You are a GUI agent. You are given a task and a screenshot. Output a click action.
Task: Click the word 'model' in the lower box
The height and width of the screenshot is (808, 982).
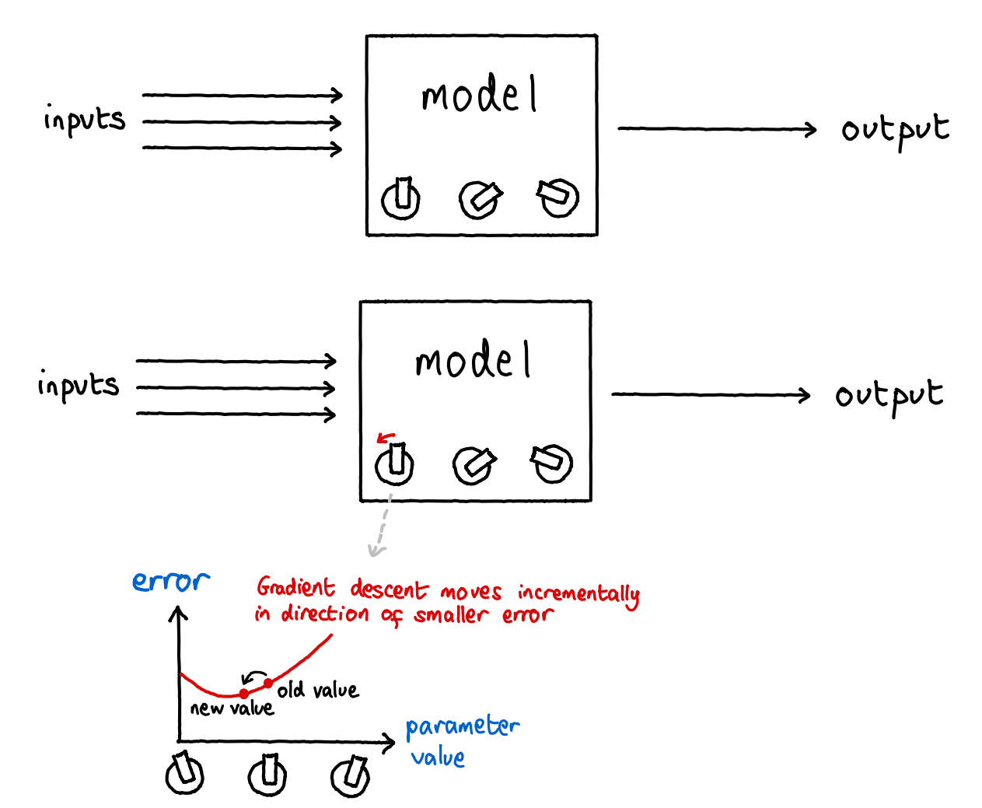(x=473, y=359)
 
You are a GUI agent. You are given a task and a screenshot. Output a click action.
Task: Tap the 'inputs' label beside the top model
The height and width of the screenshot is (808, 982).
(x=84, y=120)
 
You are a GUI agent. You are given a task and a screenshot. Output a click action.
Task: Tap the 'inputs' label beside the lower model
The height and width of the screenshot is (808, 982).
(x=79, y=385)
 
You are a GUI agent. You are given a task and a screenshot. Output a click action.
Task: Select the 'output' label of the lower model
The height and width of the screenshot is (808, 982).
(x=889, y=397)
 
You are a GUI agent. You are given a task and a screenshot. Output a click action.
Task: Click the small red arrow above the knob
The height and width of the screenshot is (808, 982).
(x=386, y=437)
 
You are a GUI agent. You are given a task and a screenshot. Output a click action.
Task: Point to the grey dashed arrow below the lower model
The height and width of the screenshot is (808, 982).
(x=382, y=525)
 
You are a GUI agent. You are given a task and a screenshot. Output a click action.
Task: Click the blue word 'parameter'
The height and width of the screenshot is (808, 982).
(x=463, y=727)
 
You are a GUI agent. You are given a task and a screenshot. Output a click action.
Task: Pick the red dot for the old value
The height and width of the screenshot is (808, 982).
(x=268, y=684)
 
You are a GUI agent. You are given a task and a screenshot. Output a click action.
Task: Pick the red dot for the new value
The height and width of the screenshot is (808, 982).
(x=244, y=694)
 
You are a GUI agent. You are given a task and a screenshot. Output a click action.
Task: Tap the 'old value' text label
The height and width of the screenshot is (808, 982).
(x=318, y=690)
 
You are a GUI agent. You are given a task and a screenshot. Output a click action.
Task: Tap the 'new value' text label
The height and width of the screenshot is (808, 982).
(x=232, y=708)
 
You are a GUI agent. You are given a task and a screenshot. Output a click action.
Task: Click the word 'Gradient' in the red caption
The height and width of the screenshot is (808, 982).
(x=295, y=587)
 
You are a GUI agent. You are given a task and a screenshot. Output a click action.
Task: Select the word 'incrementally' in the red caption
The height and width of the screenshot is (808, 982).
(x=578, y=594)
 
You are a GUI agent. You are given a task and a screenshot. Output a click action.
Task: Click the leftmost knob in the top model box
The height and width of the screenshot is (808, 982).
(x=400, y=198)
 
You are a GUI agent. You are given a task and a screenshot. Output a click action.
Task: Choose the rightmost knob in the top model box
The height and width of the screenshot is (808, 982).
(x=558, y=198)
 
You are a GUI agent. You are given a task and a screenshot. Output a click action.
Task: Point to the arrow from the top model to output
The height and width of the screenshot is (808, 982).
(x=717, y=128)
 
